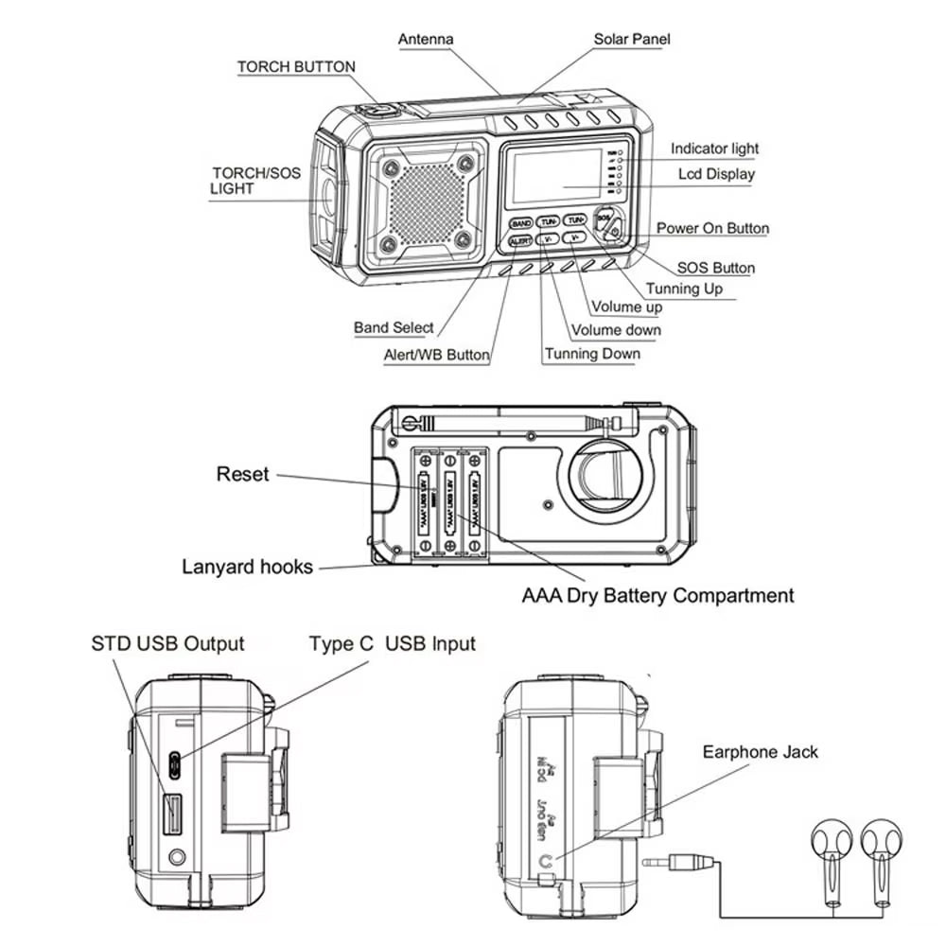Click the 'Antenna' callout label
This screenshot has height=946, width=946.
(x=425, y=39)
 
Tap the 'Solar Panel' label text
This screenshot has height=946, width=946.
(x=631, y=39)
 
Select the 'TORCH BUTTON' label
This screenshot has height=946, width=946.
(x=296, y=67)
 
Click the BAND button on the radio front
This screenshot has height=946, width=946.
(x=520, y=223)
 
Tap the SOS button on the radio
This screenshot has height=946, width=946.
(x=604, y=217)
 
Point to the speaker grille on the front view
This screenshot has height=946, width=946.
(x=427, y=201)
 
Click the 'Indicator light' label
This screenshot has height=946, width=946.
(x=714, y=149)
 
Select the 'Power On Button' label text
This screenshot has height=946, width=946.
(x=712, y=228)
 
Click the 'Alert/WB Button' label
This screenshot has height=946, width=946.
(x=436, y=356)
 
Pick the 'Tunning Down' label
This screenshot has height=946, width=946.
(x=592, y=354)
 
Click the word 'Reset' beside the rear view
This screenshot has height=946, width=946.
(x=242, y=474)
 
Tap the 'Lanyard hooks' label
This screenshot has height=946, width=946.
(x=247, y=567)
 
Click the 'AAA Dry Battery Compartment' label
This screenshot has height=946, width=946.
(x=657, y=596)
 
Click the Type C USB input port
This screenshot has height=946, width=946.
(x=176, y=762)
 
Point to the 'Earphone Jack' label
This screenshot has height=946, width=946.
(x=760, y=752)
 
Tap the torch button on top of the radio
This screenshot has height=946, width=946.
(x=380, y=110)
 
